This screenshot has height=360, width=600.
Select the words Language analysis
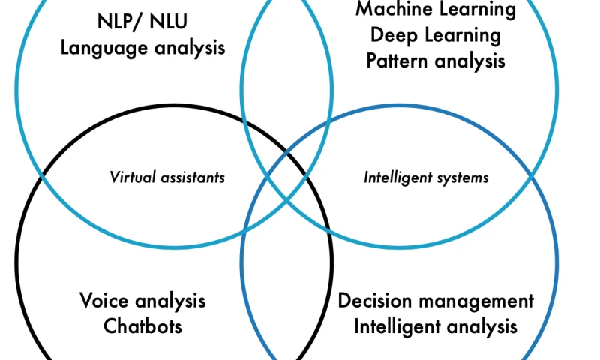click(x=142, y=49)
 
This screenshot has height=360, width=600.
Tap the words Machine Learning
click(x=436, y=10)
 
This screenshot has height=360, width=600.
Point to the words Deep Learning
click(x=436, y=35)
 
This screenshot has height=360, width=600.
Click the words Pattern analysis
click(x=436, y=61)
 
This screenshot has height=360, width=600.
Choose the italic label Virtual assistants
click(x=167, y=178)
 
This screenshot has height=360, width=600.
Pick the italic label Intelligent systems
click(x=426, y=178)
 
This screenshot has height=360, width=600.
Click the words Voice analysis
click(x=142, y=301)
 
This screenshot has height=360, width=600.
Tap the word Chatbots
click(x=142, y=326)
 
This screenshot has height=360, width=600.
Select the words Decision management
click(x=436, y=301)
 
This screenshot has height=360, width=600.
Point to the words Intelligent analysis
click(x=436, y=327)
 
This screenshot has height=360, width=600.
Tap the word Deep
click(x=391, y=35)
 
